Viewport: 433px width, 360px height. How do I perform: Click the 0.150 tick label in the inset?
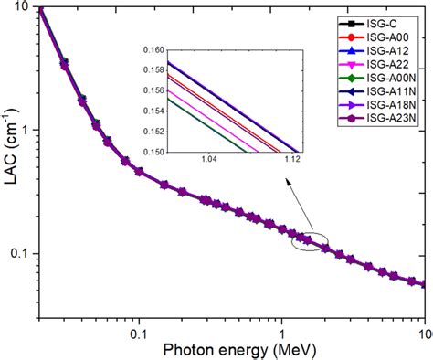tap(145, 152)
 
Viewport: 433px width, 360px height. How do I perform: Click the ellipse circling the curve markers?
tap(309, 240)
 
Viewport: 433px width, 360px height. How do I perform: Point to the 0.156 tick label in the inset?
tap(145, 89)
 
